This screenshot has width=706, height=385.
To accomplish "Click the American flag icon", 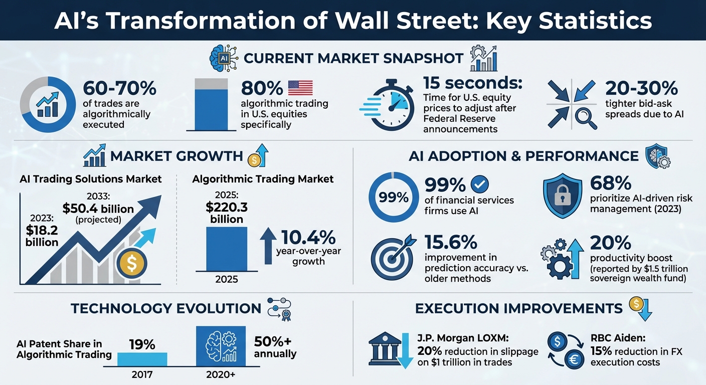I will click(300, 88).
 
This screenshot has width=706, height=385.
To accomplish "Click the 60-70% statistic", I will click(120, 88).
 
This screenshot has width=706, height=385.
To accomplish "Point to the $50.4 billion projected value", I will click(98, 209).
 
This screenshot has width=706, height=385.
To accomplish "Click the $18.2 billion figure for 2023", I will click(42, 236).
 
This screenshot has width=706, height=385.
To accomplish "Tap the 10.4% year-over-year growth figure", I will click(307, 238).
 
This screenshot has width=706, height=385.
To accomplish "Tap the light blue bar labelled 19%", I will click(142, 358).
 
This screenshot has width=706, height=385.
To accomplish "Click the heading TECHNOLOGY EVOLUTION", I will click(166, 308).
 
